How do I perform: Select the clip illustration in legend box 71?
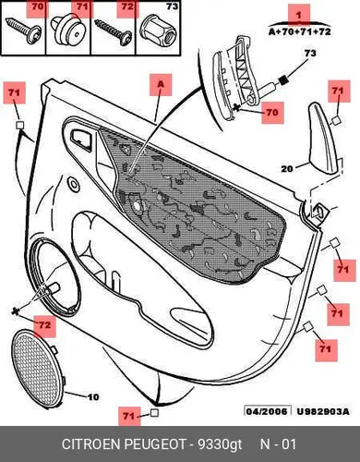point(68,31)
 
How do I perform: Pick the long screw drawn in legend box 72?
point(113,32)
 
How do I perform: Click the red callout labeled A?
point(161,85)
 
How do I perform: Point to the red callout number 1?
point(299,15)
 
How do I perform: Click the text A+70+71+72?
point(300,31)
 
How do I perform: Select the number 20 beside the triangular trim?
point(287,169)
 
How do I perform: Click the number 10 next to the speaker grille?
point(93,397)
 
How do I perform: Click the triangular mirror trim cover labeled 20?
point(322,139)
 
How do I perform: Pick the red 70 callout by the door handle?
point(272,113)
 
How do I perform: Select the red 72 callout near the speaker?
point(44,325)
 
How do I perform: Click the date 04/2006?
point(267,411)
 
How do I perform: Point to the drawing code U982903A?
point(323,411)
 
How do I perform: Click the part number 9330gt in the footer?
point(220,444)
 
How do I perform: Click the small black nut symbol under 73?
point(282,80)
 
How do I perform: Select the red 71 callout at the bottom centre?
point(129,416)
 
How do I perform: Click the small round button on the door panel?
point(74,184)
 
